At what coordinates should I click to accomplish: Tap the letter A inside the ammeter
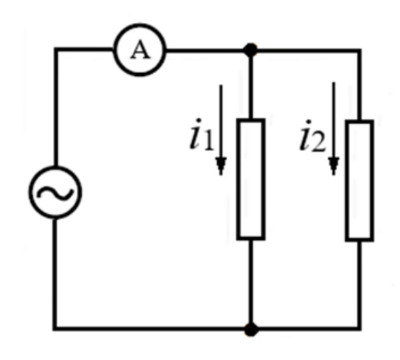coord(140,50)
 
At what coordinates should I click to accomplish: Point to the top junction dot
coord(250,50)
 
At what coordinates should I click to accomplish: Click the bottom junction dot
coord(251,330)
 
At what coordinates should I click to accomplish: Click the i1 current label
coord(201,134)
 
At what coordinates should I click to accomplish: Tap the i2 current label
coord(313,136)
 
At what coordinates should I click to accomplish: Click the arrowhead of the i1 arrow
coord(221,166)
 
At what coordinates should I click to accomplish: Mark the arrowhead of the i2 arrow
coord(334,166)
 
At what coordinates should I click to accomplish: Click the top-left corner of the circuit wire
coord(55,49)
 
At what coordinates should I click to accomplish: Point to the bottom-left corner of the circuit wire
coord(55,328)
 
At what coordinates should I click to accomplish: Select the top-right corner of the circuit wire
coord(359,51)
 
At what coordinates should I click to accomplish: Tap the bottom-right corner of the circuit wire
coord(359,328)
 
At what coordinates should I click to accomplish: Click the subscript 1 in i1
coord(209,142)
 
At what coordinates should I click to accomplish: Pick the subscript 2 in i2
coord(320,143)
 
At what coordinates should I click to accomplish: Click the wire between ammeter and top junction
coord(205,50)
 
